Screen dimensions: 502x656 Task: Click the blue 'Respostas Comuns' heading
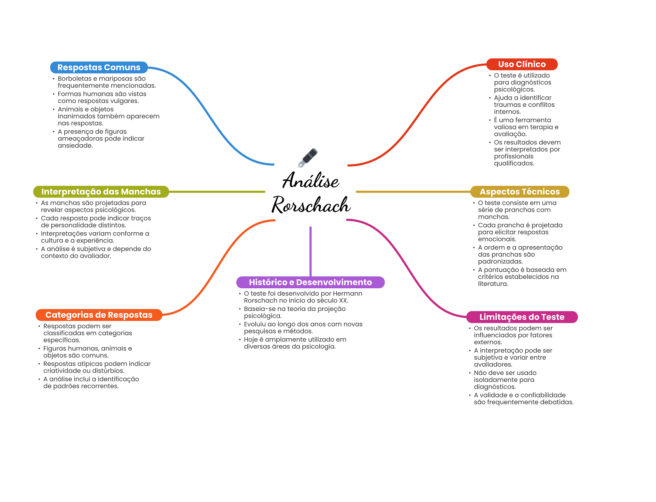tap(99, 68)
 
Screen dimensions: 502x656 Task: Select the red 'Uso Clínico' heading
tap(522, 64)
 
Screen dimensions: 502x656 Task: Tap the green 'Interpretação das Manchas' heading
tap(101, 192)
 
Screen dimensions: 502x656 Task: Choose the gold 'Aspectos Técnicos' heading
tap(520, 192)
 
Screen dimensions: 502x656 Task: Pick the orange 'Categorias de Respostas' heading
tap(99, 315)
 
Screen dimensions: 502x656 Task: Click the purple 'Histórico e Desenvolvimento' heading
tap(310, 282)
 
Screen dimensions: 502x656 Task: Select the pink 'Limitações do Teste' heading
tap(522, 317)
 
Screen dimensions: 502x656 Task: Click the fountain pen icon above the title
tap(307, 157)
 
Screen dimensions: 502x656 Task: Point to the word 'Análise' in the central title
tap(310, 181)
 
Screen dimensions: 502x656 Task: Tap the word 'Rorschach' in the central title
tap(311, 205)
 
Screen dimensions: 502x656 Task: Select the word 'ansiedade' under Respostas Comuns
tap(75, 146)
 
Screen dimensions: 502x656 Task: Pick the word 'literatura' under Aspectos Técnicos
tap(492, 284)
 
